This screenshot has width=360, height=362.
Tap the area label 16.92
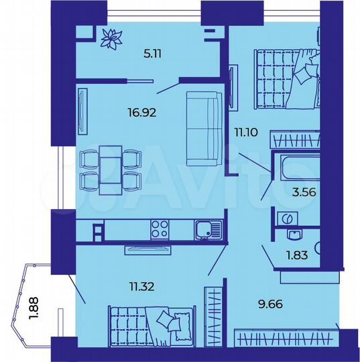coord(142,113)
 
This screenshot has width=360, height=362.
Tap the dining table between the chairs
coord(111,170)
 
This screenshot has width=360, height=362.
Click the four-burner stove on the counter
coord(160,229)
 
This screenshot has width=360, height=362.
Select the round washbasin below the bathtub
coord(286,219)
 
